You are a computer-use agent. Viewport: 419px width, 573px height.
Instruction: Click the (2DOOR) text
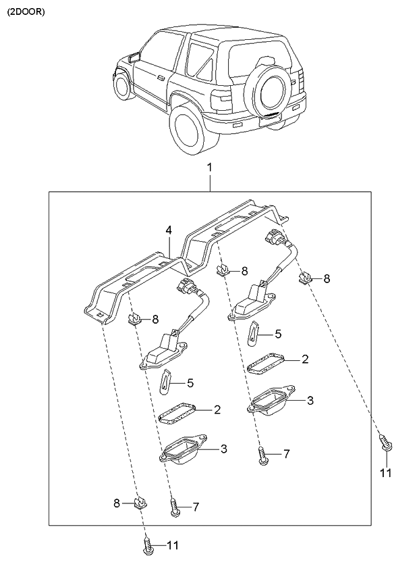(x=26, y=11)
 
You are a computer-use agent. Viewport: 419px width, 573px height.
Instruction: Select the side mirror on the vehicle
(x=133, y=57)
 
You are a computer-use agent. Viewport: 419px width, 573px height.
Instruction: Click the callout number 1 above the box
(x=209, y=167)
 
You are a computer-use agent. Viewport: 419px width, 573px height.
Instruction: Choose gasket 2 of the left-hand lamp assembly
(x=178, y=413)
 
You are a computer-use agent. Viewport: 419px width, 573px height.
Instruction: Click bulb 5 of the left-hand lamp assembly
(x=166, y=383)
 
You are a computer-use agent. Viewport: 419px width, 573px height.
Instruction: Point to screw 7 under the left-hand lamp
(x=175, y=507)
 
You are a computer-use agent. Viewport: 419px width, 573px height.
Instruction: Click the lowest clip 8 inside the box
(x=141, y=503)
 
